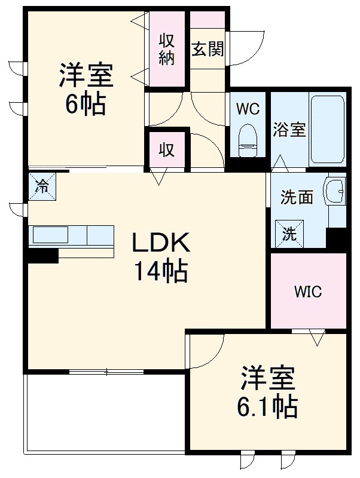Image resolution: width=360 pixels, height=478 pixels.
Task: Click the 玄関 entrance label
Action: [208, 49]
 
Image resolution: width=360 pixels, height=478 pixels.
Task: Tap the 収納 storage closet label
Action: [167, 49]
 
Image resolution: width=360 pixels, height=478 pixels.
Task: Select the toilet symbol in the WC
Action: [247, 138]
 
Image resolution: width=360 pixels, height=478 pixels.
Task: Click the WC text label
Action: [247, 109]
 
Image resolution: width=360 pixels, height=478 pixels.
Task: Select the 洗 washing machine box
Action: [289, 234]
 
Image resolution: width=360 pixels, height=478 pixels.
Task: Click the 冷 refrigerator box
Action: [42, 186]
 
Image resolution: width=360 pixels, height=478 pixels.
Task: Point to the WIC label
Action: [308, 292]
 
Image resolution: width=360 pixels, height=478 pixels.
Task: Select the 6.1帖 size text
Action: [267, 407]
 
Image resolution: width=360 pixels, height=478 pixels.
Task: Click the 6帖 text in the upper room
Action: [86, 105]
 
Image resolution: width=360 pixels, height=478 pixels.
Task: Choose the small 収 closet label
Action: [167, 150]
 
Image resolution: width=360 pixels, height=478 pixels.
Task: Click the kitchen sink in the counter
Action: [50, 235]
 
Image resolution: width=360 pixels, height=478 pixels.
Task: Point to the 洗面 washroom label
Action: [297, 198]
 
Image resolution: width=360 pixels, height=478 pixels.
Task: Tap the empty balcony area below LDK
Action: [105, 412]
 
